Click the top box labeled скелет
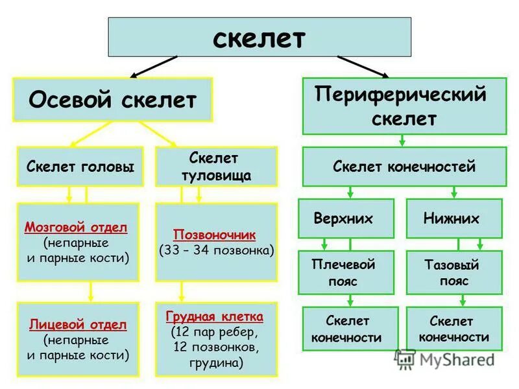pos(259,37)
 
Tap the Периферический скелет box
pos(404,106)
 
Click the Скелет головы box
pos(81,167)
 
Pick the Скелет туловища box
pos(216,167)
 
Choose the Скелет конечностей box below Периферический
pos(404,167)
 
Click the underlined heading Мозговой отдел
pos(76,228)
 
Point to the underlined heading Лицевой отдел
pos(78,325)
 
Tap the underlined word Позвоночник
pos(215,234)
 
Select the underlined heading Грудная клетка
pos(215,317)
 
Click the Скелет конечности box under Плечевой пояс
pos(346,329)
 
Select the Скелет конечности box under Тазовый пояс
pos(453,329)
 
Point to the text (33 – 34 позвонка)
pos(216,250)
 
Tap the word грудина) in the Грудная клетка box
pos(216,363)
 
